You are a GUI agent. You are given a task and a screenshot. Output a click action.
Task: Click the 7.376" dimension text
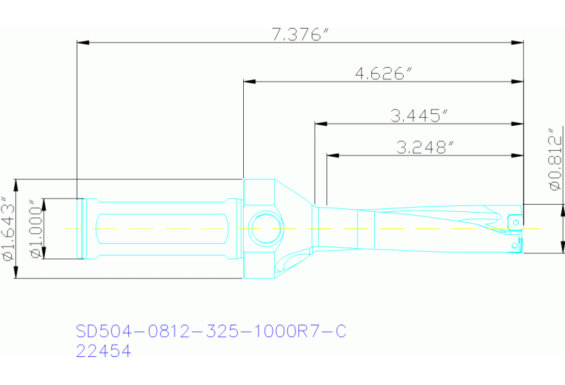coord(299,34)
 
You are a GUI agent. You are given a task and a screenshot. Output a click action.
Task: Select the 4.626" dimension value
coord(383,74)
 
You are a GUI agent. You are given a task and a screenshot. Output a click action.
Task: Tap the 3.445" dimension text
coord(419,116)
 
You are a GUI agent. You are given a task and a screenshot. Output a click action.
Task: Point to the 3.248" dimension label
coord(424,147)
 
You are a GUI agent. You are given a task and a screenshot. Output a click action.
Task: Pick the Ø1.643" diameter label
coord(8,229)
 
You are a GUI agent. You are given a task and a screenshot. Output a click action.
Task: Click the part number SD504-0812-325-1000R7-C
coord(211,332)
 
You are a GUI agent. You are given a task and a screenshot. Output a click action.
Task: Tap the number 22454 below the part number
coord(104,352)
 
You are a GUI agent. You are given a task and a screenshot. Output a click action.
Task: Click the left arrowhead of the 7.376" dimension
coord(83,42)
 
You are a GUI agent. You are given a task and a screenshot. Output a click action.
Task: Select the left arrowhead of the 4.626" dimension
coord(249,81)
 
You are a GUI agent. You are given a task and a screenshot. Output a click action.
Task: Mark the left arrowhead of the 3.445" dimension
coord(320,123)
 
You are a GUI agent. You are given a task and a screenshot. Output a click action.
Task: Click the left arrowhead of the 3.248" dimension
coord(333,155)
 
